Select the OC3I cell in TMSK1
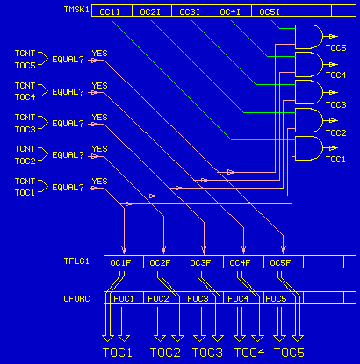[x=191, y=12]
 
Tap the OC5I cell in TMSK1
[x=270, y=12]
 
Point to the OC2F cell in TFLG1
[x=160, y=262]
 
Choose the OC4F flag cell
[x=240, y=262]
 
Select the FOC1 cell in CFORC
[x=124, y=299]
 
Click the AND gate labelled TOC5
[x=309, y=36]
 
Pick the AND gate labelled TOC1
[x=309, y=148]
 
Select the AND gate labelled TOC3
[x=309, y=92]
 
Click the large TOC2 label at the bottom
[x=166, y=353]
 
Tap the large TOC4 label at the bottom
[x=249, y=353]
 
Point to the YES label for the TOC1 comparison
[x=99, y=182]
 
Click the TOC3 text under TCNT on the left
[x=25, y=129]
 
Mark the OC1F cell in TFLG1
[x=120, y=262]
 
